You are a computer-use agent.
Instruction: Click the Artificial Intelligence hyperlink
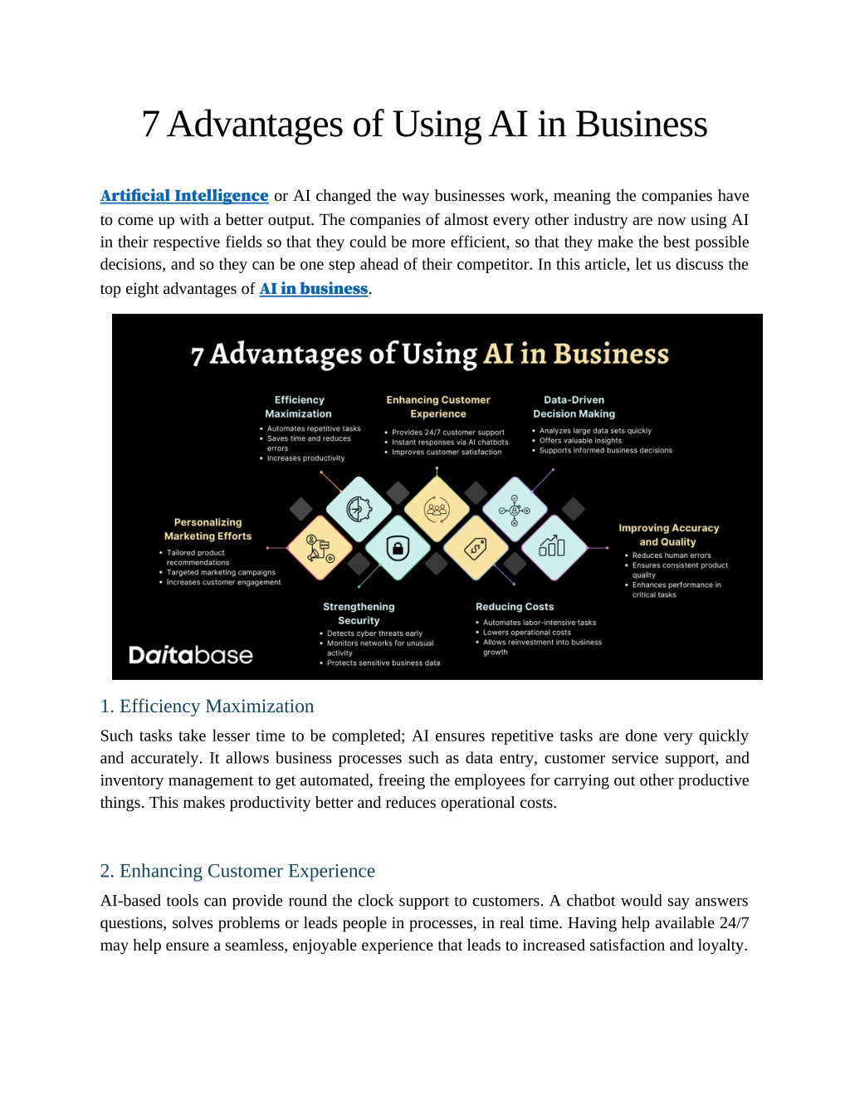(184, 195)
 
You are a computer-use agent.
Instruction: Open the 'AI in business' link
(314, 289)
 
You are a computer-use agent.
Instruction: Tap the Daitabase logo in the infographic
(191, 655)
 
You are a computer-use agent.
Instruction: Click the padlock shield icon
(398, 548)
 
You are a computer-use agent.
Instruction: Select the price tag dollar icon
(476, 548)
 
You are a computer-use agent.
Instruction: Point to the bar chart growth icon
(552, 545)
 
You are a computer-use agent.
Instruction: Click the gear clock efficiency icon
(359, 509)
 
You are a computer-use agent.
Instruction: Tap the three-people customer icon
(437, 509)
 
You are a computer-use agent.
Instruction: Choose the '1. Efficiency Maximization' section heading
(207, 706)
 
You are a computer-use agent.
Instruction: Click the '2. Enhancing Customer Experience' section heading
(237, 871)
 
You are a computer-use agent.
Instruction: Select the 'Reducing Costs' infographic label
(515, 606)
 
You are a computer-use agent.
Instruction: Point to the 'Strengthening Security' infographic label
(359, 614)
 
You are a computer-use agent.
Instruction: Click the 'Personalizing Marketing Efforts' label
(208, 529)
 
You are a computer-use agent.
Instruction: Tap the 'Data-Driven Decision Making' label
(574, 407)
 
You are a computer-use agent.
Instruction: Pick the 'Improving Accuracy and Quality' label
(669, 535)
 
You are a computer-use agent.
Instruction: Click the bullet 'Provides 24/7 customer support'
(447, 433)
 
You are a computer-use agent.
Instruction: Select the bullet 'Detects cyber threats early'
(374, 633)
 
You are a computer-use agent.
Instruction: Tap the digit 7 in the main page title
(150, 124)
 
